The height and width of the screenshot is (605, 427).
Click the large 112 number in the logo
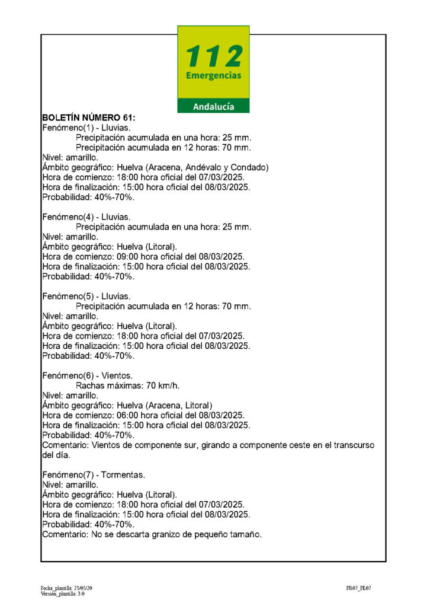[x=213, y=56]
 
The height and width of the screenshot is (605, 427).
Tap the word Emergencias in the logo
[x=213, y=76]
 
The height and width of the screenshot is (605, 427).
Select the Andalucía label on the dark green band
[x=213, y=107]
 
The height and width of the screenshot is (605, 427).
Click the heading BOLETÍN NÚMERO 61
[x=89, y=117]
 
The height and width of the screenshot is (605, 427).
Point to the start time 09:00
[x=118, y=257]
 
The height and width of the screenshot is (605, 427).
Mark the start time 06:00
[x=118, y=416]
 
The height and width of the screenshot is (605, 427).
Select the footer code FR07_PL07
[x=359, y=588]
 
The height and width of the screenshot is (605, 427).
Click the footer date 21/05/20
[x=82, y=588]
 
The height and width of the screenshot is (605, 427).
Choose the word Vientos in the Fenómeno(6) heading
[x=117, y=376]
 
